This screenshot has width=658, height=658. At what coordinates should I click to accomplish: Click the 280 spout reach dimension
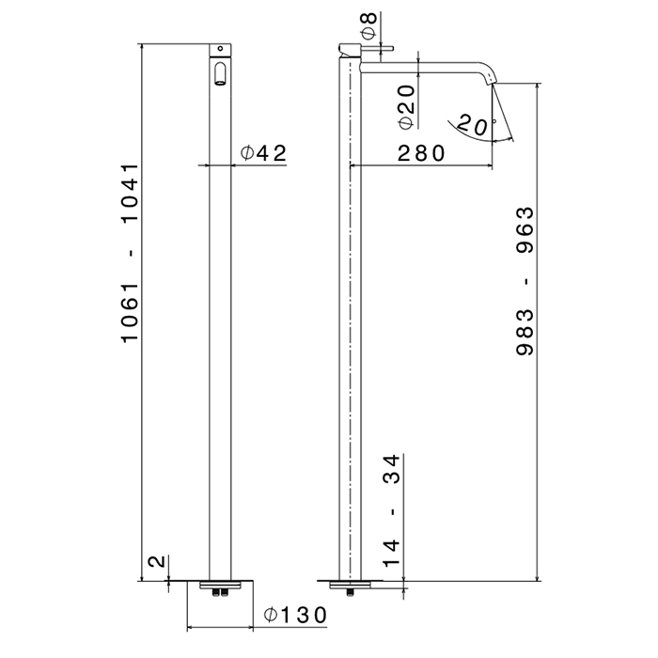[x=420, y=153]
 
